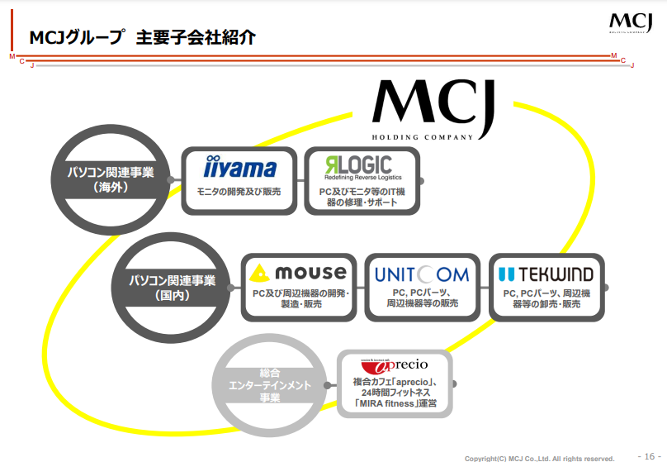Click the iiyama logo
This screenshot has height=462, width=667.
[239, 169]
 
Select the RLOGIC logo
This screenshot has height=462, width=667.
[358, 167]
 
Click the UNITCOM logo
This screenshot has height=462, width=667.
[421, 274]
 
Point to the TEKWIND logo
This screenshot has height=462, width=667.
[546, 274]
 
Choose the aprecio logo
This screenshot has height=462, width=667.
[395, 366]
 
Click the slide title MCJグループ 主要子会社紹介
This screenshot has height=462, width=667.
[141, 37]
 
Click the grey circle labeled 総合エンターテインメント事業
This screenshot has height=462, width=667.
[259, 385]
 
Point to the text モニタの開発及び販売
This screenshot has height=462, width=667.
[239, 192]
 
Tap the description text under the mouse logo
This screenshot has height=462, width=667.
[300, 299]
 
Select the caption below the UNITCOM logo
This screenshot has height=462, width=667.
[421, 298]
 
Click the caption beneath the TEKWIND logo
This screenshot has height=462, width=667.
[546, 298]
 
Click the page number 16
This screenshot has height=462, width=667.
[646, 455]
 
